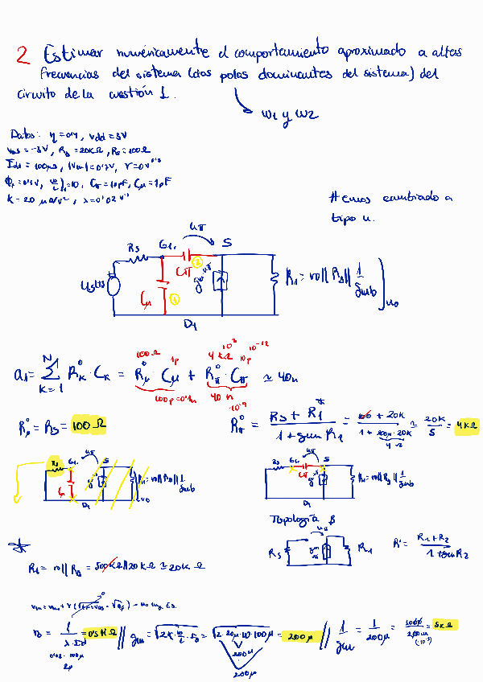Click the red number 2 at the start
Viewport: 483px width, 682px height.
[x=23, y=55]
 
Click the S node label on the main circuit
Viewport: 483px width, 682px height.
[x=227, y=242]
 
